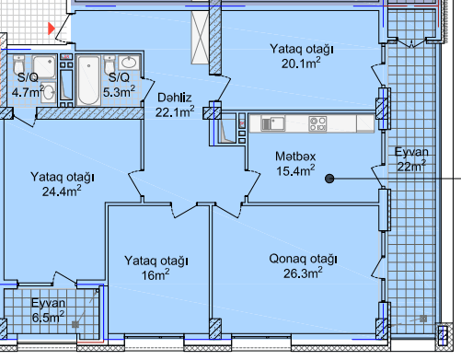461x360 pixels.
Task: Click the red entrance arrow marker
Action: click(x=51, y=29)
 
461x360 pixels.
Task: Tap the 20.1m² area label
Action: click(x=301, y=64)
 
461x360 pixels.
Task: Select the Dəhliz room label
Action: click(x=175, y=98)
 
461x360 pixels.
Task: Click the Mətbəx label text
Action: click(x=295, y=157)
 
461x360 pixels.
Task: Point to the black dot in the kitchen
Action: click(x=329, y=179)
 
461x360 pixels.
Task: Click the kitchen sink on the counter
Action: click(x=272, y=123)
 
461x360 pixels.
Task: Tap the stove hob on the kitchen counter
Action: click(x=317, y=123)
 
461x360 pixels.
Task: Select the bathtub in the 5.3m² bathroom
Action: click(x=88, y=80)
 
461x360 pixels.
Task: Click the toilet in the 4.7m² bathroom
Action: click(x=19, y=64)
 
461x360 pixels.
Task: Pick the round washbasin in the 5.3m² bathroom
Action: click(x=130, y=63)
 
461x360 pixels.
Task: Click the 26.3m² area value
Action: click(x=303, y=273)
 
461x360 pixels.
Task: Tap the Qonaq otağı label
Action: click(x=303, y=259)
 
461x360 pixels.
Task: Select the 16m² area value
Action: click(x=156, y=274)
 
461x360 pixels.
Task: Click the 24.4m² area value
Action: click(x=62, y=191)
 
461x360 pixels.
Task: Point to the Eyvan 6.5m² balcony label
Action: click(x=48, y=310)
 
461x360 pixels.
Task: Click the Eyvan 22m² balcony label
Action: click(x=411, y=159)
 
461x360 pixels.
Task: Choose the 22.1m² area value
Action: click(x=175, y=112)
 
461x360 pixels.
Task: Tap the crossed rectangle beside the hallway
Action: click(x=200, y=38)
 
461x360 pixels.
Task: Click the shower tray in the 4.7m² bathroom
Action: click(x=44, y=67)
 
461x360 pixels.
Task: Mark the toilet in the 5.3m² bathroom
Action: click(x=109, y=64)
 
